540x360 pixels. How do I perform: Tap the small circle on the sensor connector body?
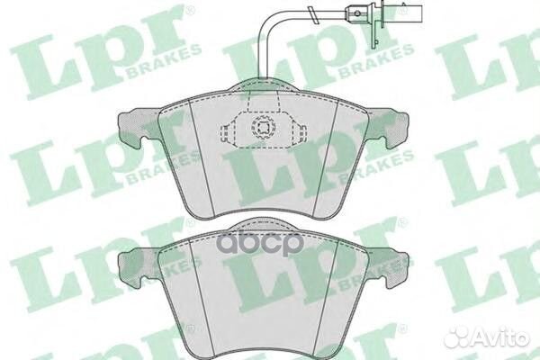pos(358,13)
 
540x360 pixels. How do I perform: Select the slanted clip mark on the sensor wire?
pos(313,15)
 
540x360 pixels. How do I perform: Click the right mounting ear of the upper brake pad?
pos(389,128)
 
